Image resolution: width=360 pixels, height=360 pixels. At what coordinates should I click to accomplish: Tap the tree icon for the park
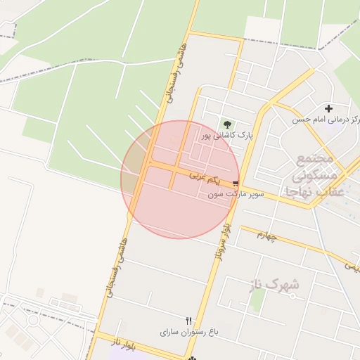[226, 123]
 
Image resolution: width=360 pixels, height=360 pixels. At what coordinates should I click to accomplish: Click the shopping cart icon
[235, 182]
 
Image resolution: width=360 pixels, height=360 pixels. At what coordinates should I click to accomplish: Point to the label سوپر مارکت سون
[235, 193]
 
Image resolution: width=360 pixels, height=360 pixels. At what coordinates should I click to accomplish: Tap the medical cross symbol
[328, 108]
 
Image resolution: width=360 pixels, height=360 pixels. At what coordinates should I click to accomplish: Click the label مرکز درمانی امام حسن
[326, 120]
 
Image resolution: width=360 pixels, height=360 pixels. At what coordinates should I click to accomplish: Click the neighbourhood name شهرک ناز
[274, 285]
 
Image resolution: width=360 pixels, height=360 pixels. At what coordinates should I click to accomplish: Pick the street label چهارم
[267, 236]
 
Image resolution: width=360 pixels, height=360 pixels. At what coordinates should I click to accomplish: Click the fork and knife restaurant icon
[188, 320]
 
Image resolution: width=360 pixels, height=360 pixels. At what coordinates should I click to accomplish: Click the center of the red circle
[179, 179]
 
